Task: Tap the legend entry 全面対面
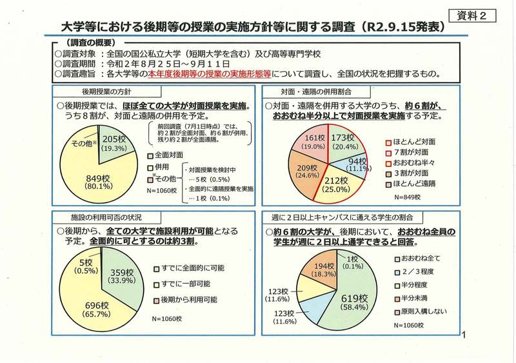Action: pyautogui.click(x=169, y=155)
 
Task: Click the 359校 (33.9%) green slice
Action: pyautogui.click(x=121, y=276)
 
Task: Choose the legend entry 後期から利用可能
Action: pyautogui.click(x=186, y=300)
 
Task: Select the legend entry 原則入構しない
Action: pyautogui.click(x=422, y=312)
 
